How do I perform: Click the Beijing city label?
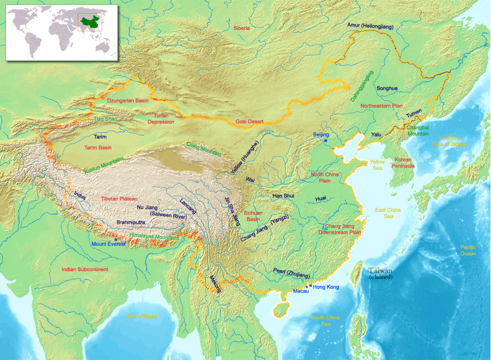point(321,135)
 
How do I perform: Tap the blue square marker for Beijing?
point(325,141)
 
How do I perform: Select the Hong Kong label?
point(326,287)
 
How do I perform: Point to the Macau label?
point(301,291)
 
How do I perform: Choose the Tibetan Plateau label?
point(119,199)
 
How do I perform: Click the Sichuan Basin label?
point(253,216)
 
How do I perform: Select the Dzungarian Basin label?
point(128,101)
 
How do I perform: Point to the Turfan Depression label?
point(161,118)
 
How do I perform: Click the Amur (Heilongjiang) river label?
point(370,26)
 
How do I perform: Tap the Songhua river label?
point(387,88)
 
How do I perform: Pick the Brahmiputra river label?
point(131,222)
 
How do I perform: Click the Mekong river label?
point(215,283)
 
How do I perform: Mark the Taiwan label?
point(381,271)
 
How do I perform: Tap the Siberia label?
point(242,28)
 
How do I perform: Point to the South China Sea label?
point(325,320)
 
